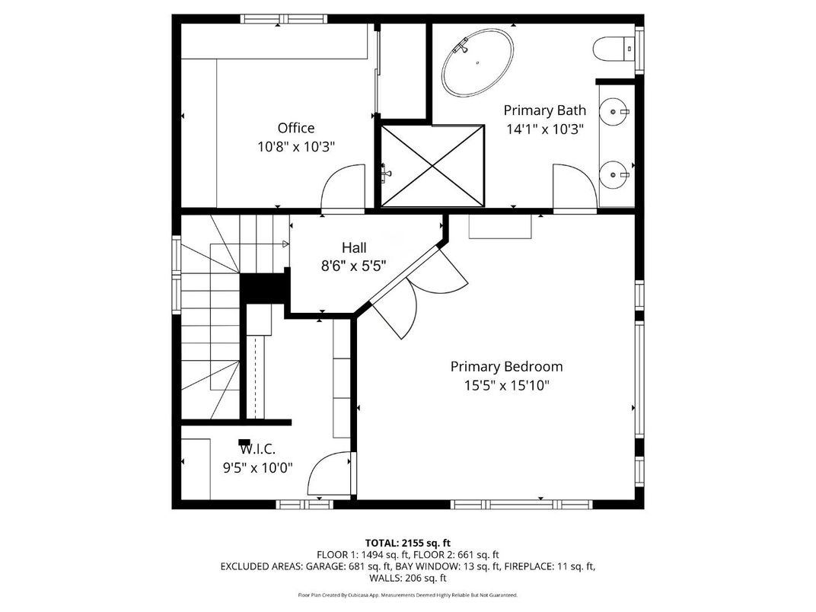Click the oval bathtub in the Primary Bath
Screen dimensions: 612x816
477,62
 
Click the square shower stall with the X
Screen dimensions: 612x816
432,165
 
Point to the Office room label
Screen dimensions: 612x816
295,128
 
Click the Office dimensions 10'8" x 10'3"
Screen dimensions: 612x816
295,147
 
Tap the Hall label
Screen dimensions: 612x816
353,247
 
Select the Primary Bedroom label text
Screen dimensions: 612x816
506,366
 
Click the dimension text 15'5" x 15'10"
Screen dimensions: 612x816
506,385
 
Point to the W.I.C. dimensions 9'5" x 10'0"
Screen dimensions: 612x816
257,468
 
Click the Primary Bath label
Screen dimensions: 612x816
544,110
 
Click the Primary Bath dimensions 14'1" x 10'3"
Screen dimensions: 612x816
544,129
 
